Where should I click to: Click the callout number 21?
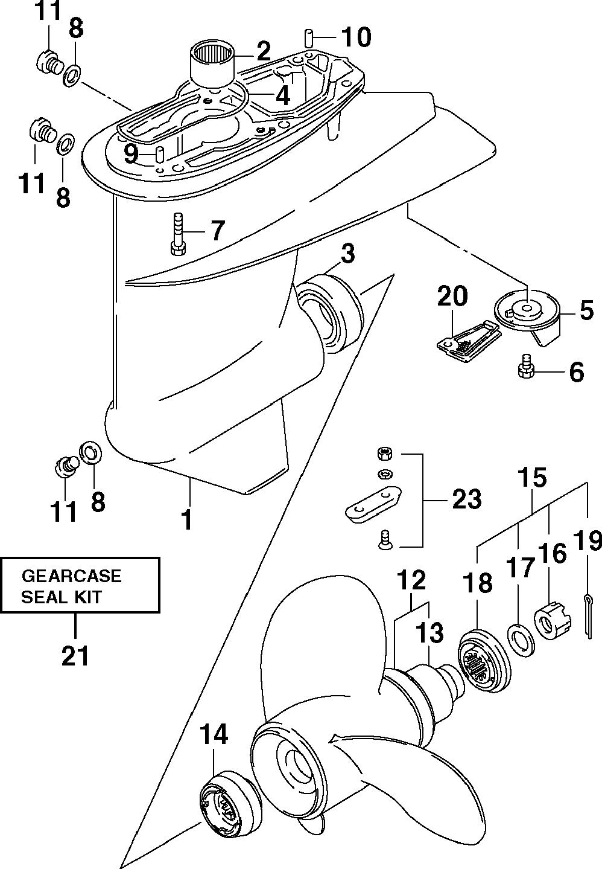point(75,656)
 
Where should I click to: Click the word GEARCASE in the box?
point(72,576)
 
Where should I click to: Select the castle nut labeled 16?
point(553,621)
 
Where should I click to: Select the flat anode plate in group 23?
point(373,502)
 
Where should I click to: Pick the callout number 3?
point(347,254)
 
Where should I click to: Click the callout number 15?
point(532,477)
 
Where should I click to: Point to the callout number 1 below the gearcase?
point(187,519)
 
